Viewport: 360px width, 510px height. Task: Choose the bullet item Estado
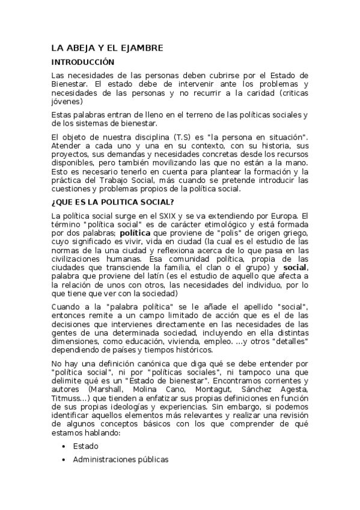85,446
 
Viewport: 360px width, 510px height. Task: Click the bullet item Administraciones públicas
121,460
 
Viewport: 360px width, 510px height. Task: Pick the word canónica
145,365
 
